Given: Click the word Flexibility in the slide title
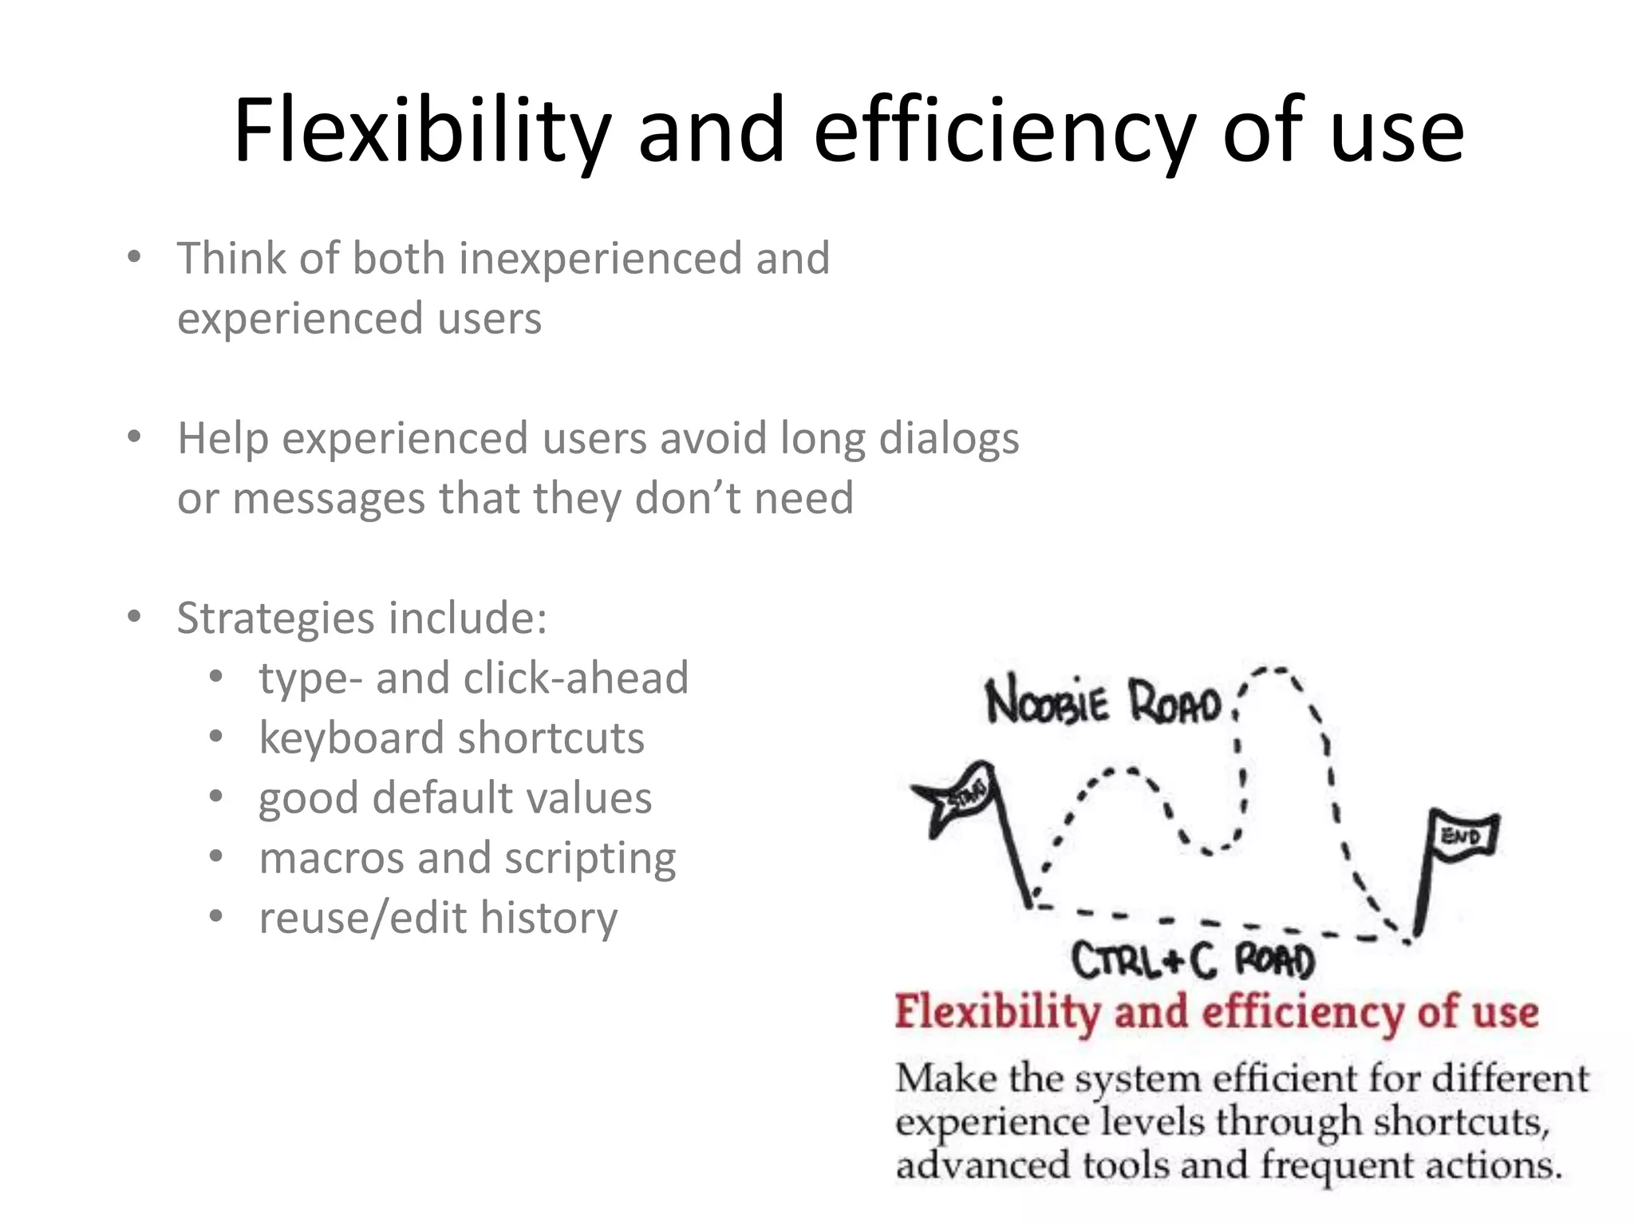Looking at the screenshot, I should [421, 130].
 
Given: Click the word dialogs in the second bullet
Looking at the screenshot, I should [949, 439].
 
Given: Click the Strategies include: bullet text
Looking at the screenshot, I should [361, 618].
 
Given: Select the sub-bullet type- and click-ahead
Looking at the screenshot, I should [473, 678].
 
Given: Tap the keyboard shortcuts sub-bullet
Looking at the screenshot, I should [452, 738].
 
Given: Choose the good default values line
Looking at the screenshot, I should [455, 797].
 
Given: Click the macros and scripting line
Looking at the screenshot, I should [468, 857].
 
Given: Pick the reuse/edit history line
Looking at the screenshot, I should [438, 917].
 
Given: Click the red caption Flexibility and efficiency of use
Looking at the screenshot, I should [1216, 1012].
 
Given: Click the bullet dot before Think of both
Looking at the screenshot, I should [134, 257].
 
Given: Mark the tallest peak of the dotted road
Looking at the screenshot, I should [1277, 670].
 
